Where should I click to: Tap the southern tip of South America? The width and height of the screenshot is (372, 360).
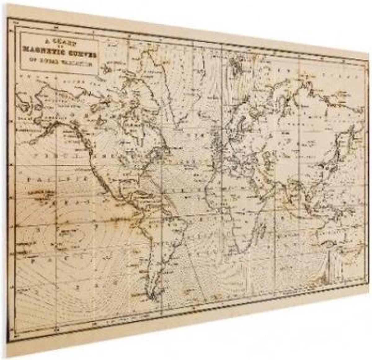pos(153,297)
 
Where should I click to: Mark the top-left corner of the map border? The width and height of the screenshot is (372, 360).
pos(8,19)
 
